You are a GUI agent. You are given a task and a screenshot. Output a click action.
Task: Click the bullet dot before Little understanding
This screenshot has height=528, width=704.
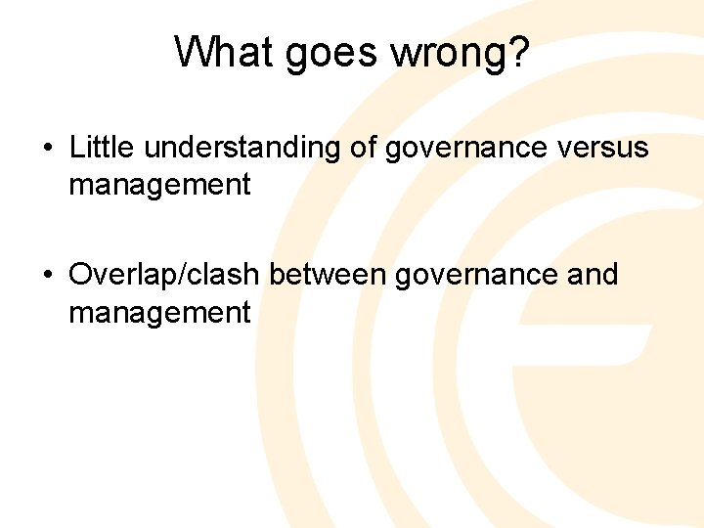(x=48, y=149)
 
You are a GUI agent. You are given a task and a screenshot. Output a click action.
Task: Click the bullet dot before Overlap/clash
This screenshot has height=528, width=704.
(x=48, y=276)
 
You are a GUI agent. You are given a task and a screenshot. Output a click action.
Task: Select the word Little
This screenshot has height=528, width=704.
(x=102, y=148)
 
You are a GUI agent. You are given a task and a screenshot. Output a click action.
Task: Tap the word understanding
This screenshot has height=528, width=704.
(x=245, y=149)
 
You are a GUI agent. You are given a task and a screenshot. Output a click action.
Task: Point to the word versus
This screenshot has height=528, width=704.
(x=603, y=149)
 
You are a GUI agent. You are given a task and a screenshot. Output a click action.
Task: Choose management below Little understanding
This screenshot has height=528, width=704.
(x=159, y=184)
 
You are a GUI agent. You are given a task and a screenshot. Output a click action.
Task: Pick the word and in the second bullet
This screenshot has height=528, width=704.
(x=593, y=275)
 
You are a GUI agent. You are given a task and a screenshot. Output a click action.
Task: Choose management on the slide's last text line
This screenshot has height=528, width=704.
(x=159, y=312)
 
